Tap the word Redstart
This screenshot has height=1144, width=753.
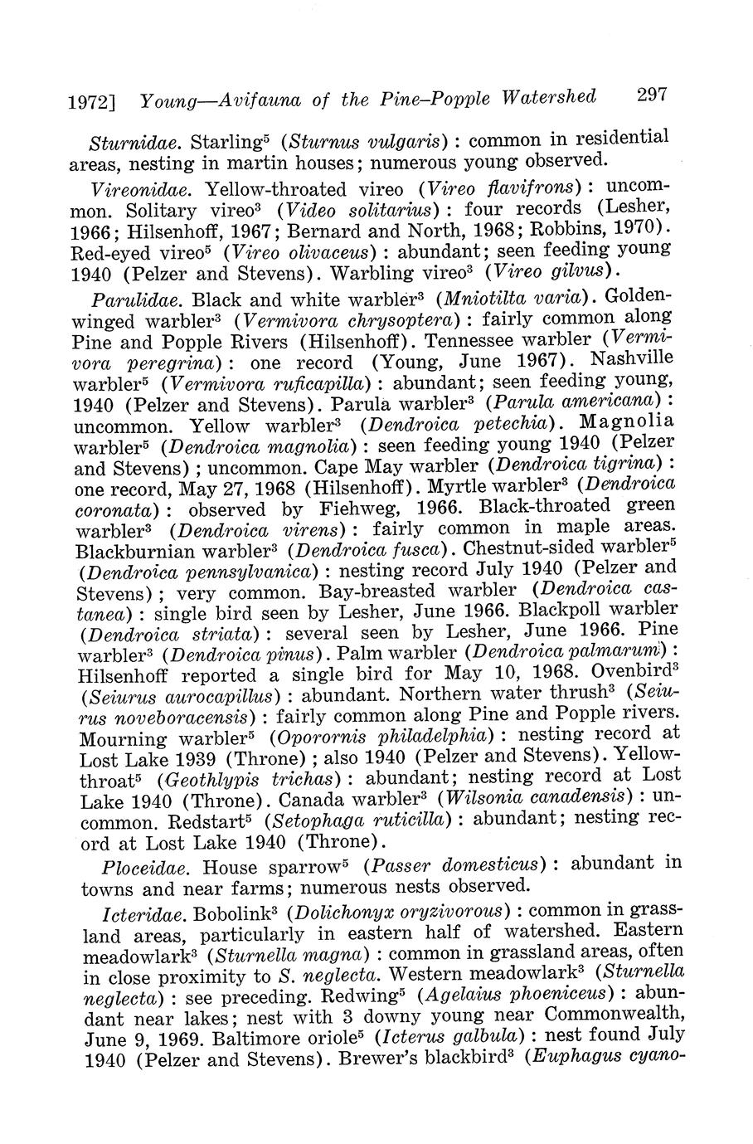206,821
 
